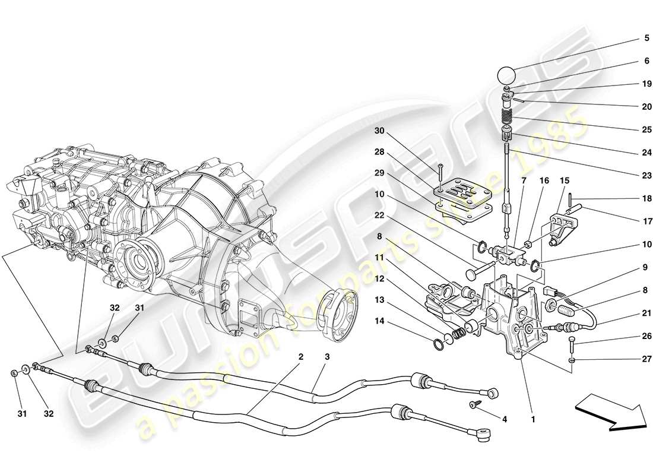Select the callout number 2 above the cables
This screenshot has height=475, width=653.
[x=301, y=357]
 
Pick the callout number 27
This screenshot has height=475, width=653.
[x=646, y=359]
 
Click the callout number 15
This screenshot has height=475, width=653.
[x=564, y=180]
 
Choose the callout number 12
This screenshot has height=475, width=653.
[x=379, y=278]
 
